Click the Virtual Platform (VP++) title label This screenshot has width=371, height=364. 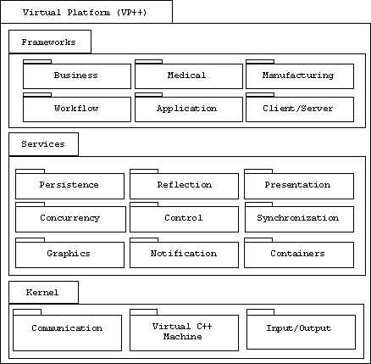pyautogui.click(x=85, y=13)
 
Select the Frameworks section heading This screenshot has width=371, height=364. pyautogui.click(x=48, y=42)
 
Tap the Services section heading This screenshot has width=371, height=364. pyautogui.click(x=43, y=144)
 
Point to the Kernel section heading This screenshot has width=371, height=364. pyautogui.click(x=42, y=293)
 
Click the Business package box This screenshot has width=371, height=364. pyautogui.click(x=77, y=76)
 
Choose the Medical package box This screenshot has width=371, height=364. pyautogui.click(x=189, y=76)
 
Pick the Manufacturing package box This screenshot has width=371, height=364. pyautogui.click(x=300, y=76)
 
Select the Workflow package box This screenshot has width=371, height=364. pyautogui.click(x=77, y=109)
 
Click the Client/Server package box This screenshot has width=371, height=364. pyautogui.click(x=300, y=109)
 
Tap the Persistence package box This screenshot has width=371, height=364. pyautogui.click(x=69, y=186)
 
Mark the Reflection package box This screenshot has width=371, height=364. pyautogui.click(x=184, y=186)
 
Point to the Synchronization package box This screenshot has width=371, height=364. pyautogui.click(x=299, y=219)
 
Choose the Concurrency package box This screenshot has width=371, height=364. pyautogui.click(x=70, y=219)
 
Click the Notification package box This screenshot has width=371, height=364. pyautogui.click(x=184, y=255)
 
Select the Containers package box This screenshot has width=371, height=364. pyautogui.click(x=299, y=255)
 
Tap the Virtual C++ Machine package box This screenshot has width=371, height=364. pyautogui.click(x=184, y=333)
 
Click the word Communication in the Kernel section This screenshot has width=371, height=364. pyautogui.click(x=67, y=328)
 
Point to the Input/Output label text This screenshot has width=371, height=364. pyautogui.click(x=299, y=328)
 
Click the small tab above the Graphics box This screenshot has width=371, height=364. pyautogui.click(x=30, y=240)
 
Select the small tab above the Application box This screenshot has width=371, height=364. pyautogui.click(x=148, y=95)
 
